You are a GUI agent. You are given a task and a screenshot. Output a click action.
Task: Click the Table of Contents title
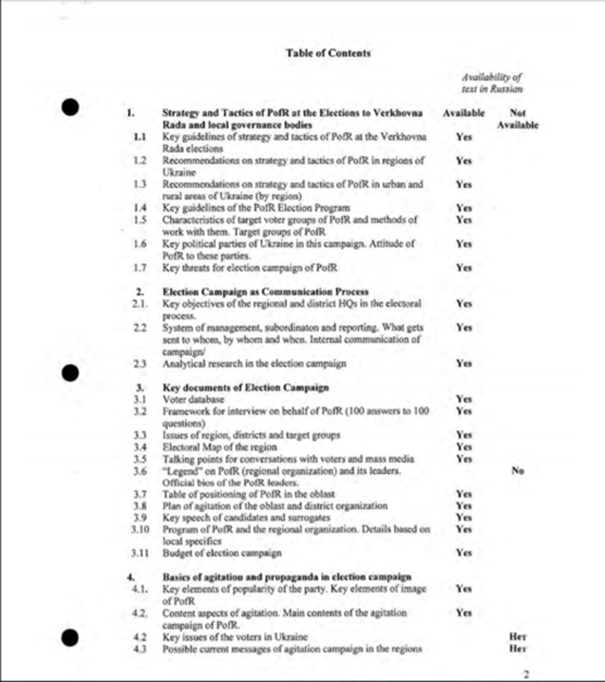click(328, 53)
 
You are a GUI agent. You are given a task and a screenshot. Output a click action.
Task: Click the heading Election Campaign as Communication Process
click(251, 291)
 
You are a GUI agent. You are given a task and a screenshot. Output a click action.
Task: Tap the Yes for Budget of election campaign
click(463, 552)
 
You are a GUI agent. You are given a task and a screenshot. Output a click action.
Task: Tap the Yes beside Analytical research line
click(463, 363)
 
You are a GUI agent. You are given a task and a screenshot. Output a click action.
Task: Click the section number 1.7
click(139, 267)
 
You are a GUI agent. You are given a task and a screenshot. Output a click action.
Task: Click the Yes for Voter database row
click(463, 399)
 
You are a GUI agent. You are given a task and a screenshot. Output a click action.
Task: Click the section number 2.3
click(139, 363)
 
